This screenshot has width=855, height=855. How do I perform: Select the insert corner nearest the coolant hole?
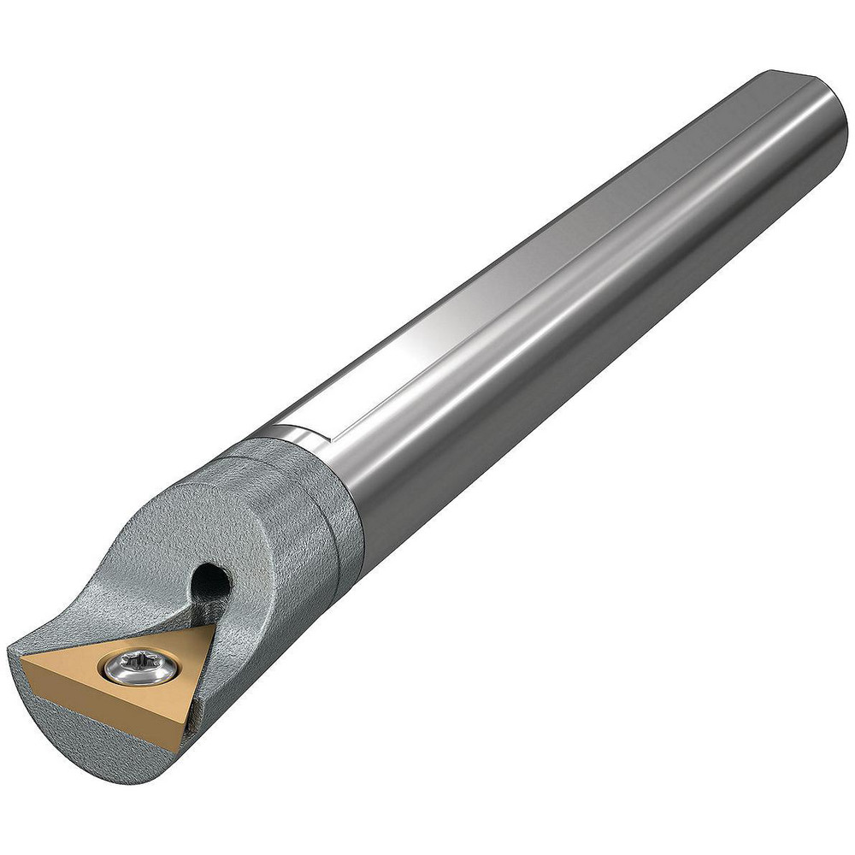212,626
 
